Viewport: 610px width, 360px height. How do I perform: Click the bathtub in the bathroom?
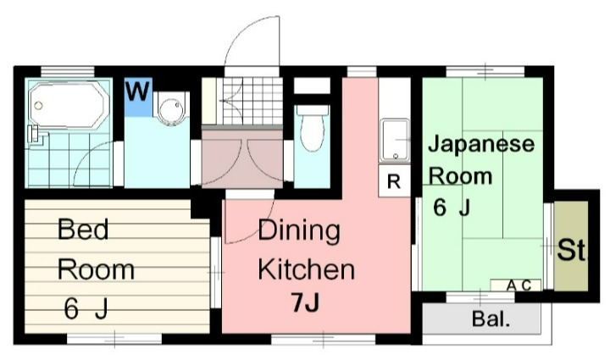(x=68, y=108)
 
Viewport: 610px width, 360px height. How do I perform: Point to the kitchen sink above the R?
(x=394, y=141)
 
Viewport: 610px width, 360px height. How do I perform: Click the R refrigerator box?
(x=393, y=180)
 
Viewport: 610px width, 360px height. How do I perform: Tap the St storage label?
(x=571, y=251)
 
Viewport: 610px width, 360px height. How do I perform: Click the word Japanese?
(x=480, y=144)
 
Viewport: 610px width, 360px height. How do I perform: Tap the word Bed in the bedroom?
(x=82, y=230)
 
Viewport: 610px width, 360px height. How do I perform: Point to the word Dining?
(x=298, y=230)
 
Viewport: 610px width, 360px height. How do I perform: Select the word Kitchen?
(x=305, y=270)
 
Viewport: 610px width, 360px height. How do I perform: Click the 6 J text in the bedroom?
(x=86, y=310)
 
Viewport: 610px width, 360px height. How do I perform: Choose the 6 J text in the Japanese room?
(x=452, y=208)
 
